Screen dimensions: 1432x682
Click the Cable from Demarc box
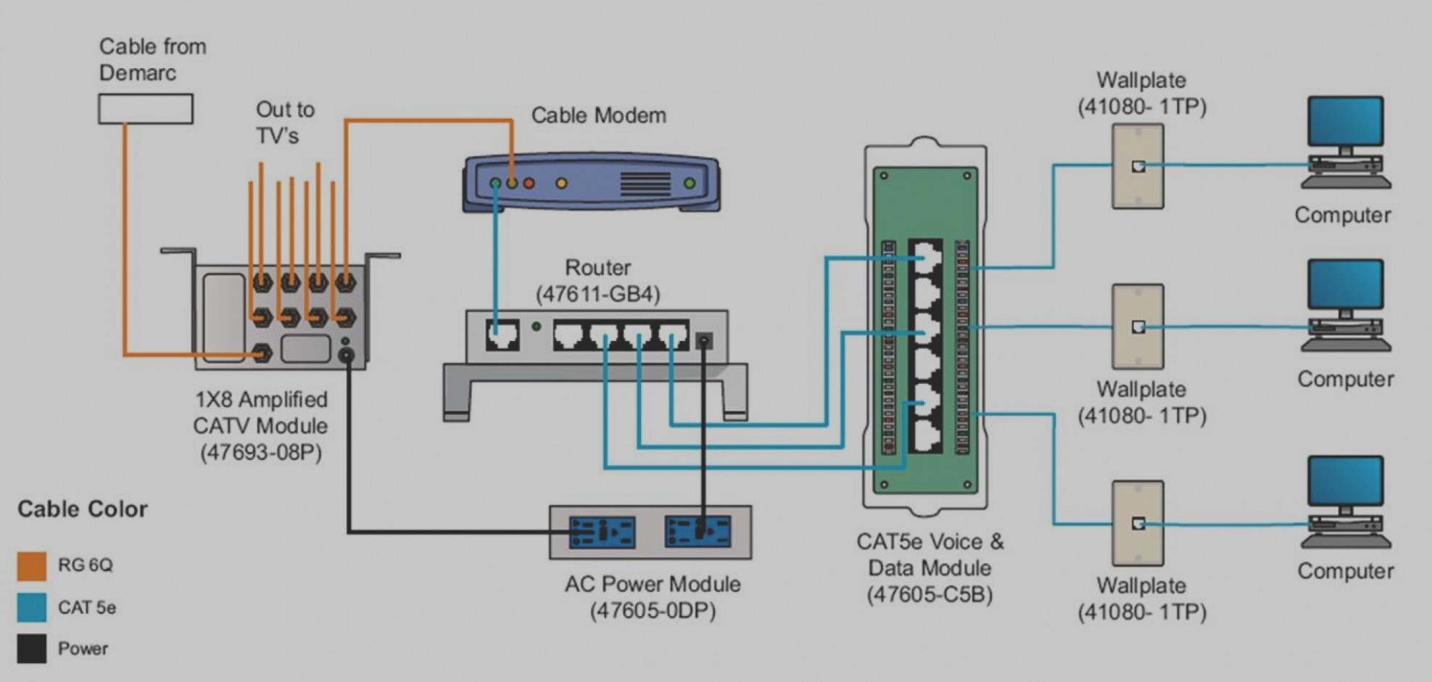pos(146,109)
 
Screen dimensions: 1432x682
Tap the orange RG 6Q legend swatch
pos(32,566)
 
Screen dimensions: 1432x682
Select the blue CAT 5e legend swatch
pos(32,607)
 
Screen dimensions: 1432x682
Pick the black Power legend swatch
pos(32,649)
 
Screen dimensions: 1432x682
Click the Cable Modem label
pos(599,115)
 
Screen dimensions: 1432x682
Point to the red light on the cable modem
pos(529,184)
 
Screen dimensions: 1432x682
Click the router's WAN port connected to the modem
pos(502,336)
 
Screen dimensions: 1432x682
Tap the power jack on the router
pos(704,341)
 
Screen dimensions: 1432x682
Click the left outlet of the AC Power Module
pos(602,533)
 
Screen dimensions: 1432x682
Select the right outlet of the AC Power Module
pos(698,533)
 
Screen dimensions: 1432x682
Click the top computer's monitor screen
pos(1346,121)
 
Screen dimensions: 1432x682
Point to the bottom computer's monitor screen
pos(1346,480)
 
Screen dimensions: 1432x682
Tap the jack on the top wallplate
pos(1138,166)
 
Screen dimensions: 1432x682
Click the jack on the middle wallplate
pos(1138,326)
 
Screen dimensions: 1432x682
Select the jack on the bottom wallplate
pos(1138,523)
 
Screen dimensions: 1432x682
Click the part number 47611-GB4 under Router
pos(598,295)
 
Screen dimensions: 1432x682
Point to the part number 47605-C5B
pos(930,595)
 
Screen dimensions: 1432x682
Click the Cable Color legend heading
pos(83,509)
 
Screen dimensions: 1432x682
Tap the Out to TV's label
pos(285,123)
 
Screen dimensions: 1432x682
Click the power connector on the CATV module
pos(347,355)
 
